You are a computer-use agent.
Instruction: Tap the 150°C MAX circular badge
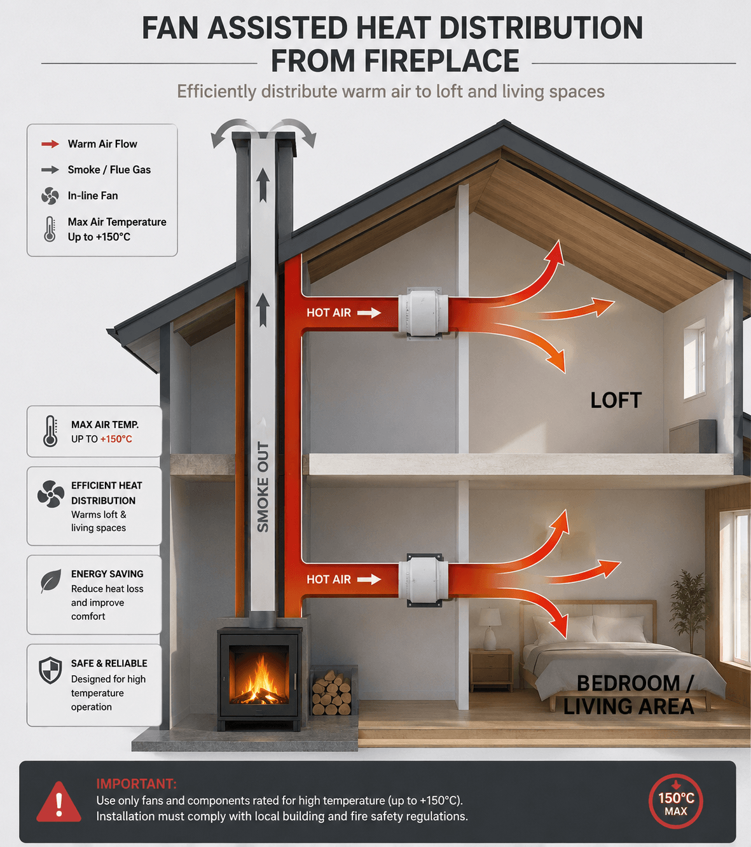click(x=675, y=802)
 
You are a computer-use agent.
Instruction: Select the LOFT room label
click(x=616, y=400)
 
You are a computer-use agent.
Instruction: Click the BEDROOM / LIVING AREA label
click(x=628, y=695)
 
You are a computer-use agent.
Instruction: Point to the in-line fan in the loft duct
click(x=423, y=312)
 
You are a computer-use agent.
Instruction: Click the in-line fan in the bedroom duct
click(x=423, y=579)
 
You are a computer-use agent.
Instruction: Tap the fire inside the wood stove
click(x=259, y=680)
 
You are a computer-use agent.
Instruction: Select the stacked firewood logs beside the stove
click(x=332, y=692)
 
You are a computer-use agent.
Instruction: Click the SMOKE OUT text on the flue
click(x=263, y=487)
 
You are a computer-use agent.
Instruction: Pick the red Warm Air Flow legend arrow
click(x=50, y=144)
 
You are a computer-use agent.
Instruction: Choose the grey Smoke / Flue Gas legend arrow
click(x=50, y=170)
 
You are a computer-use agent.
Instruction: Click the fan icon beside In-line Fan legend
click(x=50, y=196)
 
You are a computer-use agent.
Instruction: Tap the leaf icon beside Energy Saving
click(x=51, y=581)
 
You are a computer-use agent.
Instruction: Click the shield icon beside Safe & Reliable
click(x=50, y=670)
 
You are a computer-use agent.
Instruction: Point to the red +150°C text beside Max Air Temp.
click(x=116, y=439)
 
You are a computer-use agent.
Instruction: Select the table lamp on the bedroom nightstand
click(x=490, y=628)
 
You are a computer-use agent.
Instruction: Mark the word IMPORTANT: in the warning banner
click(x=136, y=783)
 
